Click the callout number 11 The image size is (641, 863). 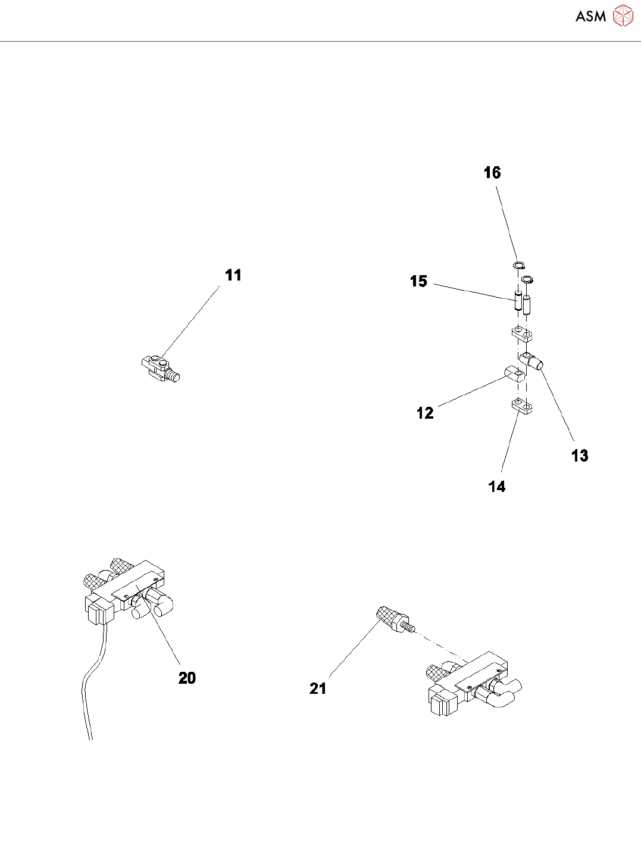(x=233, y=275)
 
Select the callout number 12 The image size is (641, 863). (x=425, y=413)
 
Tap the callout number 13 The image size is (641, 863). (x=580, y=456)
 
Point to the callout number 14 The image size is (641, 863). (x=497, y=487)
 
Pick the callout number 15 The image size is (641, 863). (x=418, y=281)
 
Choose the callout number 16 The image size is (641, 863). (x=492, y=173)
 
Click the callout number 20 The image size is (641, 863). (x=187, y=678)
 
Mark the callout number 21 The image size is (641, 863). (x=318, y=688)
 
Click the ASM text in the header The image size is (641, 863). (x=590, y=17)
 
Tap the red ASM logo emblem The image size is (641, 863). (x=623, y=16)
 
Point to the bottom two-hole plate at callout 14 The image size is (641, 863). (x=521, y=407)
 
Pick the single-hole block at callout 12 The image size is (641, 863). (x=514, y=375)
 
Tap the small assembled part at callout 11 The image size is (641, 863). (x=160, y=368)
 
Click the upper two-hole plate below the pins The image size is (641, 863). (x=521, y=334)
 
